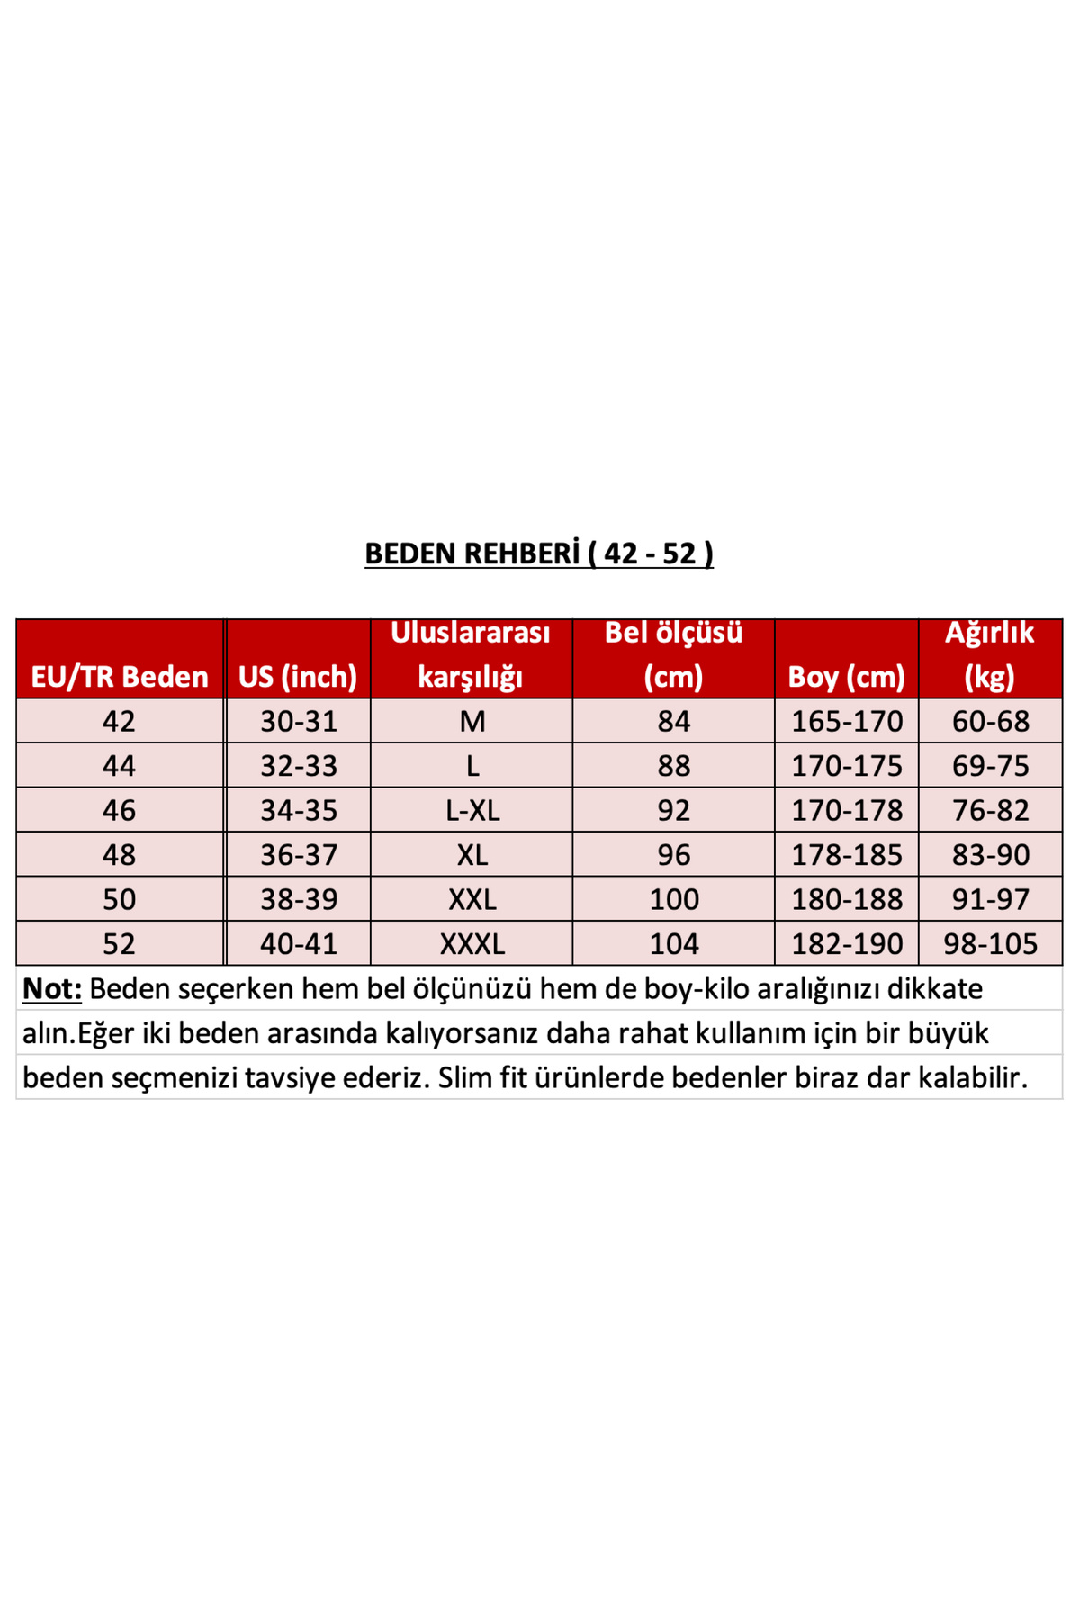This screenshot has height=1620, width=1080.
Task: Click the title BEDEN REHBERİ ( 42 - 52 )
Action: tap(539, 553)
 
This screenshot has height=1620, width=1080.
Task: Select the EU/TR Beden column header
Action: tap(120, 676)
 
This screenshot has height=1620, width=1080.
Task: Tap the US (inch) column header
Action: tap(298, 676)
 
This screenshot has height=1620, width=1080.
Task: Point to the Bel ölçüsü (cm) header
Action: tap(673, 654)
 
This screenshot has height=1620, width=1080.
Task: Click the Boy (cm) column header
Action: tap(846, 676)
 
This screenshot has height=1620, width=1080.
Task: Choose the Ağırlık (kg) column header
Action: tap(990, 654)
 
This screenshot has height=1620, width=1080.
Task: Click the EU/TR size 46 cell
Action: tap(119, 810)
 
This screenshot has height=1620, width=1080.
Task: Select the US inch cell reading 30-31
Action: tap(298, 721)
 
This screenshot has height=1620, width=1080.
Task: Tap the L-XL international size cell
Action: tap(472, 810)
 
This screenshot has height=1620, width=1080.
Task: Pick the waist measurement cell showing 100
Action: tap(673, 899)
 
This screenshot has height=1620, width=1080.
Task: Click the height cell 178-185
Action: tap(846, 854)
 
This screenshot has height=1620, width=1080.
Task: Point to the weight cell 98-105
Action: tap(990, 943)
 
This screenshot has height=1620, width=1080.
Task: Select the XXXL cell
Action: tap(472, 943)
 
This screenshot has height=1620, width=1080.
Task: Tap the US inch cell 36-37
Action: tap(298, 854)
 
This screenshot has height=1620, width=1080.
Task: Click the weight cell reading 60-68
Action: tap(990, 721)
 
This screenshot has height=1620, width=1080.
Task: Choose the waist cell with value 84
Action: tap(673, 721)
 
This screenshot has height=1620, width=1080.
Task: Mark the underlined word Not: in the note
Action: tap(52, 988)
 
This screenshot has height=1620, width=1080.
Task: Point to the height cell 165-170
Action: tap(846, 721)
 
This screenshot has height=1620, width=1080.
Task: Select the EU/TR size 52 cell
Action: tap(119, 943)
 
